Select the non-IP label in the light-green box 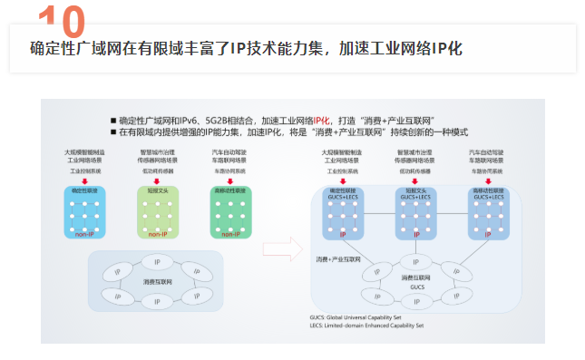(157, 233)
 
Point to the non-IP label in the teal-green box (229, 233)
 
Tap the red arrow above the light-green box (157, 181)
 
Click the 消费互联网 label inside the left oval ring (154, 282)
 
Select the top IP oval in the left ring (155, 262)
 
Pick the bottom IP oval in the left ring (155, 304)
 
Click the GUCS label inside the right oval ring (416, 287)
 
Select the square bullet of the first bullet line (113, 120)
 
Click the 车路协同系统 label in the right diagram (488, 170)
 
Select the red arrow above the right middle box (416, 181)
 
